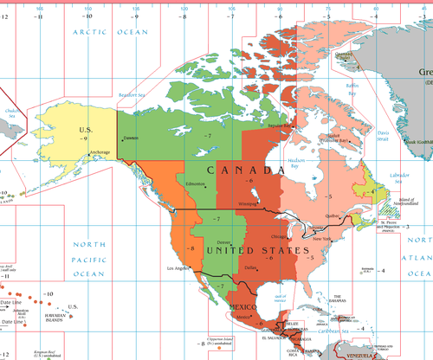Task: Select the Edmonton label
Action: [196, 184]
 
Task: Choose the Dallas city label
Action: [251, 267]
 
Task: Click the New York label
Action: [322, 238]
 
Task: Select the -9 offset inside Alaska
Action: [85, 138]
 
